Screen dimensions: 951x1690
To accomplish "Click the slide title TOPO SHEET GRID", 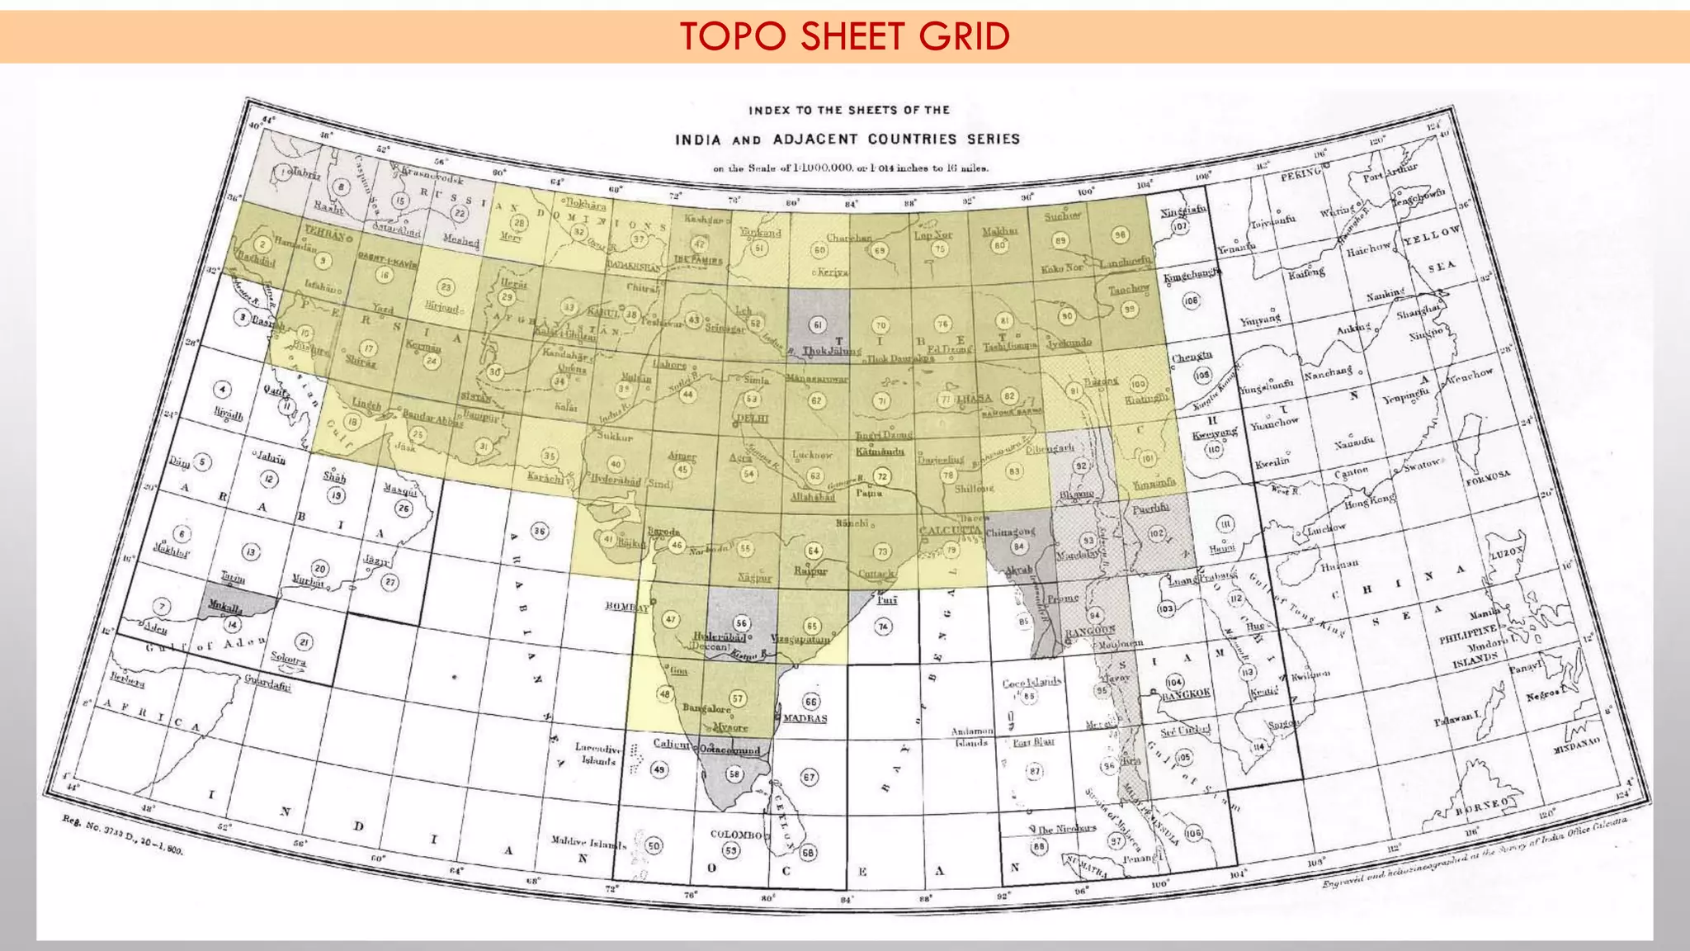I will click(x=845, y=36).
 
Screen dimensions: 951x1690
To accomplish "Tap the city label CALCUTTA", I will click(x=951, y=531).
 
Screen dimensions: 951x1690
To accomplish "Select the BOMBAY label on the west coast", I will click(x=626, y=607).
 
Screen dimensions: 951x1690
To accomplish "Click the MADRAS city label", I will click(x=805, y=718).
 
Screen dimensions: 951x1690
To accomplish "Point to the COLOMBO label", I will click(x=736, y=835).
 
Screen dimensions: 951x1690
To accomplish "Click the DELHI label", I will click(x=752, y=419).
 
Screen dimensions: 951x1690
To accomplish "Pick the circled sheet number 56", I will click(x=741, y=623).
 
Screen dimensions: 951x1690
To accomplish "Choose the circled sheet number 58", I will click(x=734, y=774).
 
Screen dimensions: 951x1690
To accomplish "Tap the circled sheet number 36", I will click(x=539, y=531).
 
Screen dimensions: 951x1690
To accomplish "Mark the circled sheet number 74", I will click(x=884, y=627).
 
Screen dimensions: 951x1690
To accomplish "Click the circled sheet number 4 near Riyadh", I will click(x=221, y=389).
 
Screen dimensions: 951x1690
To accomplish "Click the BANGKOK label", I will click(x=1186, y=694).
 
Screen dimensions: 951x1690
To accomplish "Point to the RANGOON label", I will click(x=1090, y=632).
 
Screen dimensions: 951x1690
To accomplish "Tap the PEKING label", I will click(x=1301, y=176).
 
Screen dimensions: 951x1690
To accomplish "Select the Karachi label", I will click(x=545, y=477).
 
